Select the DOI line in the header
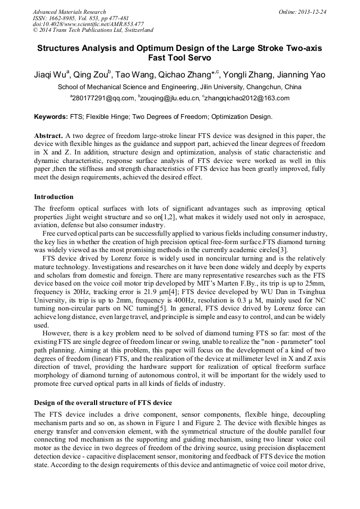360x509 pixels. click(x=88, y=24)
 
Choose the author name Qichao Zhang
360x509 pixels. click(x=186, y=74)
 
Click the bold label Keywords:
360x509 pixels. click(x=50, y=116)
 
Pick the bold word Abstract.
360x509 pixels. click(x=49, y=135)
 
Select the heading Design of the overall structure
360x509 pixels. click(x=102, y=402)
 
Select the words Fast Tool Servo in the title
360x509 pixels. click(x=179, y=58)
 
